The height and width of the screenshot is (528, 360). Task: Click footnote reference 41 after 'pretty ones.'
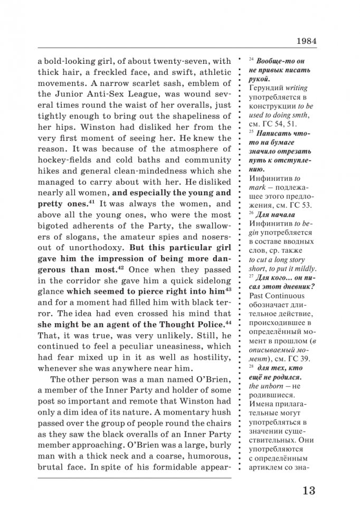pos(91,201)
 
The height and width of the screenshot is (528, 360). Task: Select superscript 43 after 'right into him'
pos(228,290)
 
